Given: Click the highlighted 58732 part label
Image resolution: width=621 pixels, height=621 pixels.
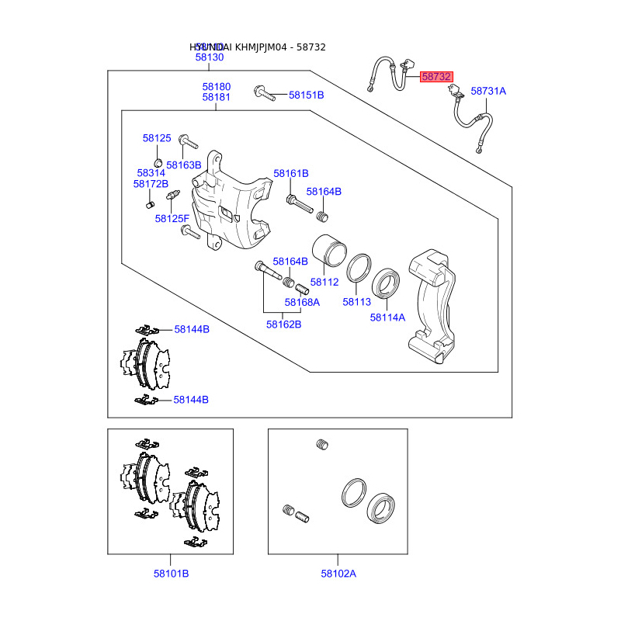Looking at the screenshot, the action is click(x=436, y=77).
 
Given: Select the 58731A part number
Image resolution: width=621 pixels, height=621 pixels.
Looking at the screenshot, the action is click(x=488, y=91).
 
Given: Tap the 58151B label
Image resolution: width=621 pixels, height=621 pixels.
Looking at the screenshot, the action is click(x=306, y=95).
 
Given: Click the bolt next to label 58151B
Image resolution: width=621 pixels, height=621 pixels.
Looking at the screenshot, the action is click(x=264, y=95).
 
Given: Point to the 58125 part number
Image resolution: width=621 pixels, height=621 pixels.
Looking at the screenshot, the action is click(x=156, y=138).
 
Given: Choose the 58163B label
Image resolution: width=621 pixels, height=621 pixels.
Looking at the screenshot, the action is click(x=184, y=165).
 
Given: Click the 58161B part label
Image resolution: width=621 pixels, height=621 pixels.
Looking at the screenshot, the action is click(x=290, y=173).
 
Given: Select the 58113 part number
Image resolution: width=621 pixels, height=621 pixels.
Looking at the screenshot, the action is click(x=357, y=302).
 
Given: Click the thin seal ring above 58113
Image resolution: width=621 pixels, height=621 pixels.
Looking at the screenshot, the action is click(x=358, y=268).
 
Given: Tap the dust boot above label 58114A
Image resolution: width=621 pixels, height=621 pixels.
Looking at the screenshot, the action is click(x=387, y=283).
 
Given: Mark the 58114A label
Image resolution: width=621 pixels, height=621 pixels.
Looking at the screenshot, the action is click(x=387, y=317).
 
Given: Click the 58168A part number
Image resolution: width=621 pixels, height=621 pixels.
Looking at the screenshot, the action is click(x=302, y=302).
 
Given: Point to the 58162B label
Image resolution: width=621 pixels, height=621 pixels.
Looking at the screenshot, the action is click(x=283, y=324).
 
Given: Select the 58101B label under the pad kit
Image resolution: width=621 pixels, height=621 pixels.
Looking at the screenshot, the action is click(x=171, y=574).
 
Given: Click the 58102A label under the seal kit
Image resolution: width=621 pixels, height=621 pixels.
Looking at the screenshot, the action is click(x=338, y=574).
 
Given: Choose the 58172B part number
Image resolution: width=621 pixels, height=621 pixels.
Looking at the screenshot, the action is click(x=151, y=184).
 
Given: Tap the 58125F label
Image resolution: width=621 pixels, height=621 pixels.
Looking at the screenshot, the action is click(x=172, y=219).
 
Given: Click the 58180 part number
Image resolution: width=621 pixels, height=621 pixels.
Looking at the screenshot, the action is click(x=217, y=87).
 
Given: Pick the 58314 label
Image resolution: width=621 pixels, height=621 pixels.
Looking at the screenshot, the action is click(x=151, y=173).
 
